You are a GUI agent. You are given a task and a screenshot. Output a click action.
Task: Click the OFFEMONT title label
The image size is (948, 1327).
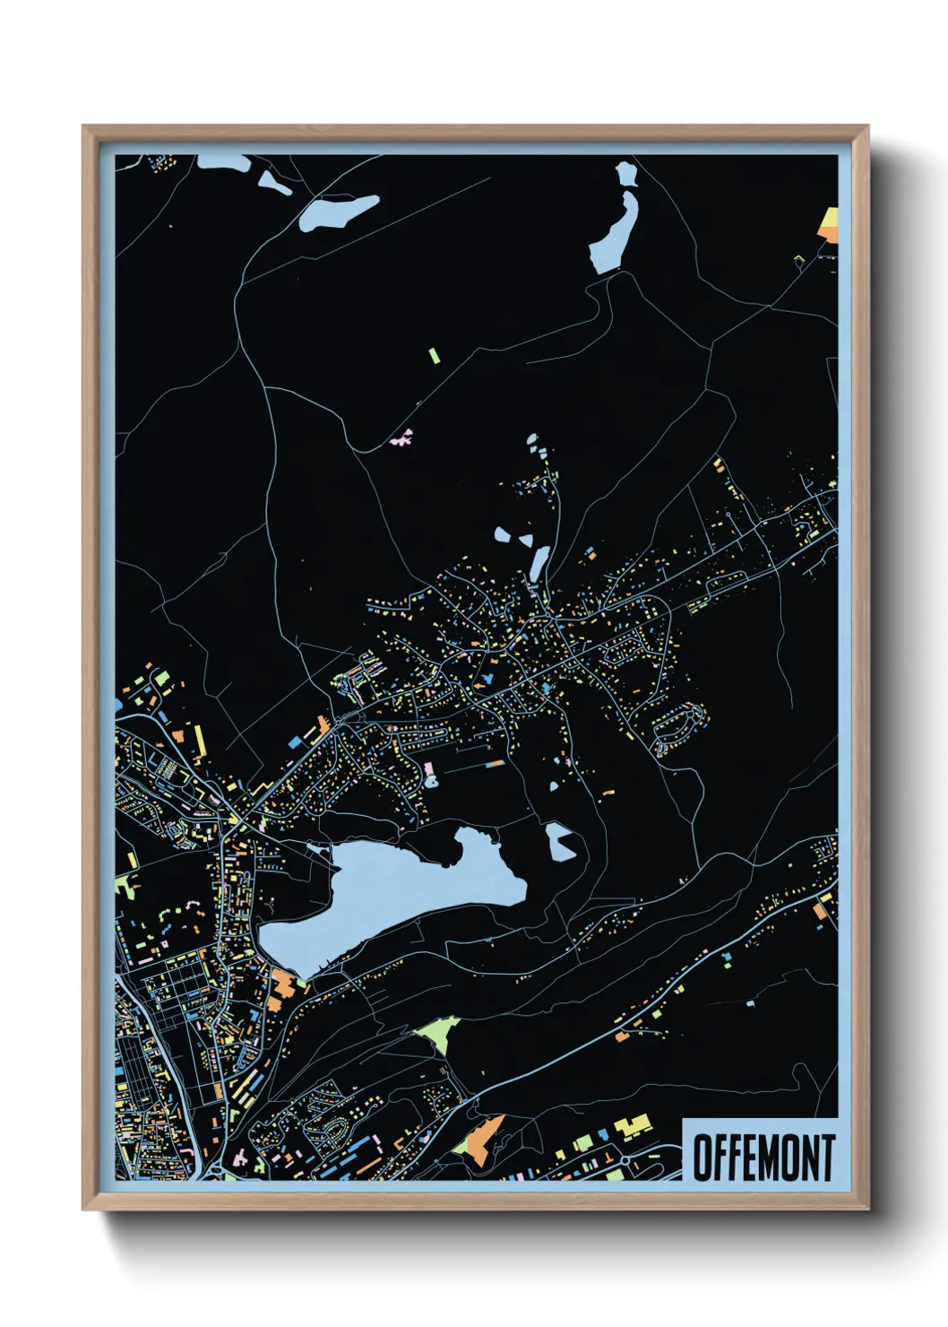click(x=763, y=1157)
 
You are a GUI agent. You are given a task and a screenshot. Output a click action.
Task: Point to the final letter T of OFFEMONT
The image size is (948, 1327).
click(x=827, y=1158)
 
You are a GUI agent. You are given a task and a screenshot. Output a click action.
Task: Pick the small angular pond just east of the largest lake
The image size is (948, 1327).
click(x=561, y=843)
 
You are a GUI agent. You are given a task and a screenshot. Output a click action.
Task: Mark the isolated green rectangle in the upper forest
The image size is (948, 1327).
click(x=434, y=355)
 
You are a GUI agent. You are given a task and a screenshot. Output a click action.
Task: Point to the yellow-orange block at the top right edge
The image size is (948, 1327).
click(x=829, y=224)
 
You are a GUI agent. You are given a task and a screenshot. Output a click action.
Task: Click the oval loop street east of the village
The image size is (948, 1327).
click(x=679, y=725)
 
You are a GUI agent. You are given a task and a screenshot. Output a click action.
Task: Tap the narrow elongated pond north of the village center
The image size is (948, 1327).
click(x=539, y=563)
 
